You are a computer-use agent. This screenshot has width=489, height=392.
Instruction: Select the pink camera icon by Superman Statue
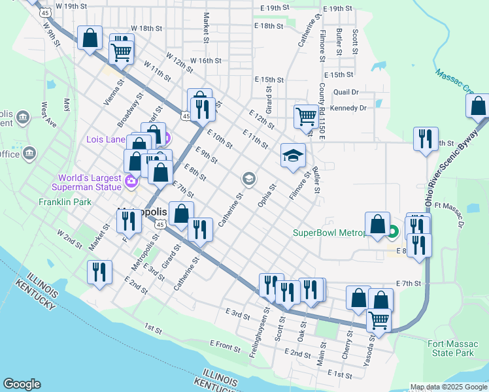point(131,181)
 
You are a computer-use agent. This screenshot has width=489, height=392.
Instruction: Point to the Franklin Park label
point(65,203)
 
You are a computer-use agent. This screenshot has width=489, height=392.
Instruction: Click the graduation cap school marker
point(292,155)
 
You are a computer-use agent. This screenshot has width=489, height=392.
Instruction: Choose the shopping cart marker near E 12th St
point(305,117)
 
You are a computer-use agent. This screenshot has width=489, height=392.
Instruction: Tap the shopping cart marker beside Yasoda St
point(380,320)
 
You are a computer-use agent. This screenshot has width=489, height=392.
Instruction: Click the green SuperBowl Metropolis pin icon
point(392,231)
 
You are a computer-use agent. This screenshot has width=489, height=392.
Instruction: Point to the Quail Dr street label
point(346,93)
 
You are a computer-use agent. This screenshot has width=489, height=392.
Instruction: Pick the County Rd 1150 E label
point(322,110)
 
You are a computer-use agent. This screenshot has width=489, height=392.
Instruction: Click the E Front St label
point(226,343)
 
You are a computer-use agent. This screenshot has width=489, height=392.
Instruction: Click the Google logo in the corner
point(22,384)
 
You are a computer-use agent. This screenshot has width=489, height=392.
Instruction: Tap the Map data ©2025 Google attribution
point(448,387)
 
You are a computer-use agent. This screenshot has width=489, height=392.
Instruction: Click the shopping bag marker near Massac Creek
point(478,105)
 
